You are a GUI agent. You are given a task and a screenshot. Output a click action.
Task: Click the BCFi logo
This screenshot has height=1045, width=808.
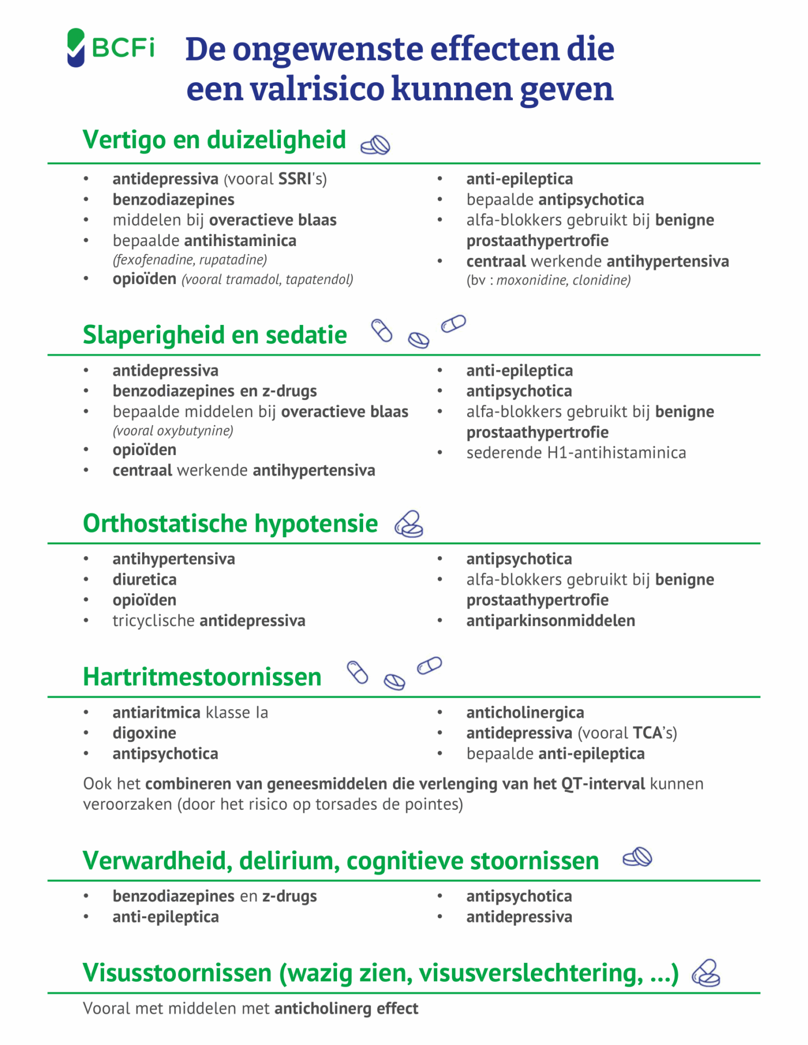(x=111, y=48)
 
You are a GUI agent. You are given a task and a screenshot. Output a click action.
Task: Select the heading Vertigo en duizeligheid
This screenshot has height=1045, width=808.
(x=214, y=140)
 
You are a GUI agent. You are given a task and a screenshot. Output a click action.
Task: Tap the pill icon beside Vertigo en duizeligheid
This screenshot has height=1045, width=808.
(x=376, y=145)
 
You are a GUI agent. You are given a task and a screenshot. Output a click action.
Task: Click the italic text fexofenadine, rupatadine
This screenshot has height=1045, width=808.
(x=189, y=260)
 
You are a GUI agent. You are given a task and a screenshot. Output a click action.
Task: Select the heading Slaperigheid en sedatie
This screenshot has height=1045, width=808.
(x=215, y=335)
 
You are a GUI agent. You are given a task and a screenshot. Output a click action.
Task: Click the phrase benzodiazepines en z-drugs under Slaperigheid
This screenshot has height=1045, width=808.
(x=215, y=391)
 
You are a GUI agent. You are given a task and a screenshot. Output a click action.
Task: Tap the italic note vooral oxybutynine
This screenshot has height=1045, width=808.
(x=173, y=431)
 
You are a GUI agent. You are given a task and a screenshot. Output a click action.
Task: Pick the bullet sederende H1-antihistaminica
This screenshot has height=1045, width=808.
(x=576, y=453)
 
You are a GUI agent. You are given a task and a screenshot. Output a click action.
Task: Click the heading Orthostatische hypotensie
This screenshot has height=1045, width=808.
(x=230, y=524)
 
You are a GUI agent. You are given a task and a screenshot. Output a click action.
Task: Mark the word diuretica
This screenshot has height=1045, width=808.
(x=144, y=580)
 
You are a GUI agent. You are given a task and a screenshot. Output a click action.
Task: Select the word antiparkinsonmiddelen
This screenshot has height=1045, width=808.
(x=550, y=621)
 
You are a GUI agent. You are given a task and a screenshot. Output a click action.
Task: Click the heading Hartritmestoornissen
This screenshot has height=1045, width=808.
(x=202, y=677)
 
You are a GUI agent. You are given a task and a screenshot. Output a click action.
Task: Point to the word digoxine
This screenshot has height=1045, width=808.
(x=144, y=733)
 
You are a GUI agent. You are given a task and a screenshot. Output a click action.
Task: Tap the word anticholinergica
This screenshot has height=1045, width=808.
(x=525, y=712)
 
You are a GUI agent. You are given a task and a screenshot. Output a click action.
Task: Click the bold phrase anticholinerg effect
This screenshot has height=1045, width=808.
(x=346, y=1009)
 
